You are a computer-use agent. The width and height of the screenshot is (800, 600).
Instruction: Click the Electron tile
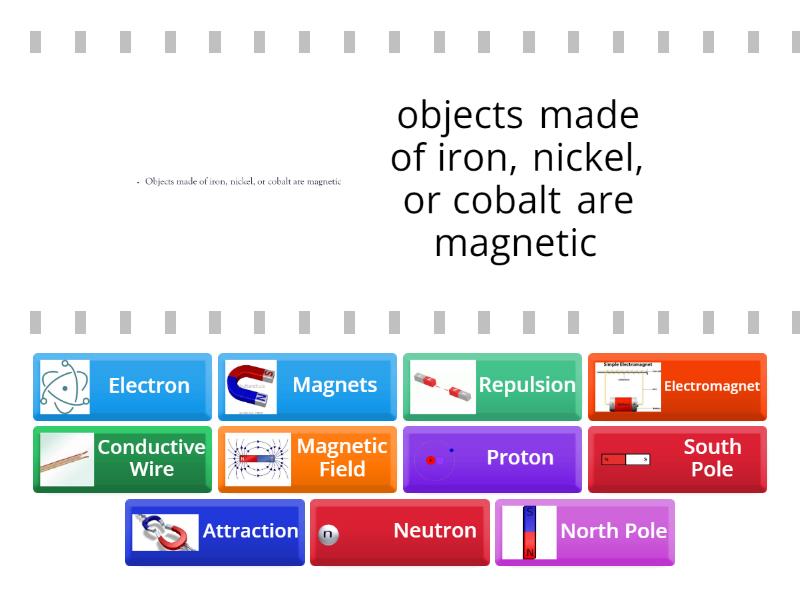[122, 386]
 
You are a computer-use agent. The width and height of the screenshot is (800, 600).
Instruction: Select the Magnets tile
[307, 386]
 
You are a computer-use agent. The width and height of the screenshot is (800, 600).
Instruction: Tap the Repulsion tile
[492, 386]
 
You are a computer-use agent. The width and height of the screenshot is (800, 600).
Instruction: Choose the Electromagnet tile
[677, 386]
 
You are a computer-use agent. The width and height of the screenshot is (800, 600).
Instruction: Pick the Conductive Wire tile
[122, 459]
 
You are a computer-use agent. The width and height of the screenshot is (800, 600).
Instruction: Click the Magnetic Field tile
[307, 459]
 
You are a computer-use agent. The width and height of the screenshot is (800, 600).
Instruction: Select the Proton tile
[492, 459]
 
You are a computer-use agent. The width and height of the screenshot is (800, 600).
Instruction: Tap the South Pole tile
[677, 459]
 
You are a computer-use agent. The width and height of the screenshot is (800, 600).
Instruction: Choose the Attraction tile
[214, 532]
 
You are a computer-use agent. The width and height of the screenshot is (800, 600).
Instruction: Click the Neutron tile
[400, 532]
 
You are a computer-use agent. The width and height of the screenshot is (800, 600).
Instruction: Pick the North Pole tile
[585, 532]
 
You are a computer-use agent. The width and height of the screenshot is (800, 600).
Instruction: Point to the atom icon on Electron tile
[65, 387]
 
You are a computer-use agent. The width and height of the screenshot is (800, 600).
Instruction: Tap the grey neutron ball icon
[328, 535]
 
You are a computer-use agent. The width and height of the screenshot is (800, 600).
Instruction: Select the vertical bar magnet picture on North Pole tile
[529, 532]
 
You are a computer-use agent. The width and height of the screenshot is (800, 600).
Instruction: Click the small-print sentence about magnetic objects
[241, 182]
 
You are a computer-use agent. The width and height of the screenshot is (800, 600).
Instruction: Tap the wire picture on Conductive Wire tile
[67, 460]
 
